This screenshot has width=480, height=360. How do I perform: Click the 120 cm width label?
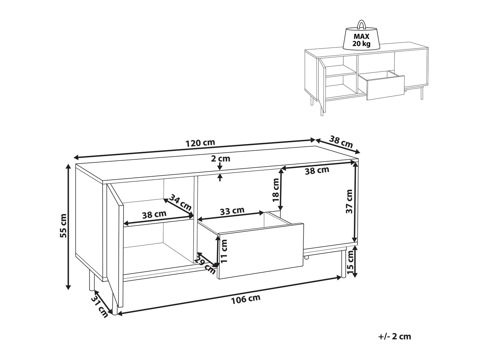coord(200,143)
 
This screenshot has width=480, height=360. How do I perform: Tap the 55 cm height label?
coord(63,226)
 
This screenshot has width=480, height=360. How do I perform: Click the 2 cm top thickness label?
coord(220,158)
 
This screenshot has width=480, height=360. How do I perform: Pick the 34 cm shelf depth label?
coord(180,202)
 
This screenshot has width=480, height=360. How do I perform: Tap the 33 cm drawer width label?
coord(232,211)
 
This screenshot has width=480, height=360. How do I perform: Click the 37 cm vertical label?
coord(349,202)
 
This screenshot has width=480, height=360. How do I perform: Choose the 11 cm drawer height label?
coord(224,250)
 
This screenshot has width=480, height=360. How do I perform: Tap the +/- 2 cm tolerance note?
coord(395,342)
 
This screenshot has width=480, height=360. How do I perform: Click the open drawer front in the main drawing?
coord(261,251)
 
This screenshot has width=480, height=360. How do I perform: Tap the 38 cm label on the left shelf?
coord(154,214)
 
